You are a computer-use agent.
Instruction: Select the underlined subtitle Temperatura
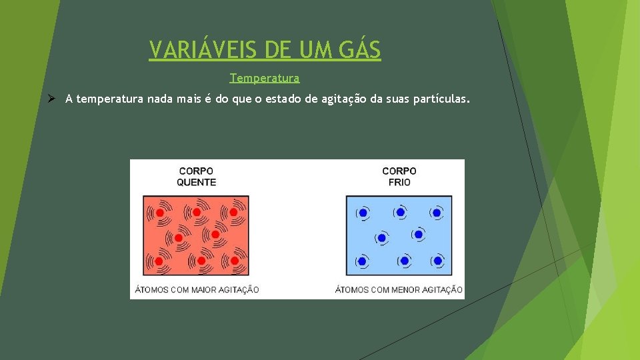tap(265, 78)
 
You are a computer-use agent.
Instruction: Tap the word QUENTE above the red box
tap(196, 182)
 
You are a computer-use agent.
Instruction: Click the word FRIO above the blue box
tap(399, 182)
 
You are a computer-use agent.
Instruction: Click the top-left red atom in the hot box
tap(160, 212)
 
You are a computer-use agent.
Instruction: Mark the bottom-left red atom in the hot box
tap(160, 261)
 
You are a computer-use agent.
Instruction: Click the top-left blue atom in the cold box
tap(363, 213)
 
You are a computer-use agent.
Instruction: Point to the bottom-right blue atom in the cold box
tap(437, 261)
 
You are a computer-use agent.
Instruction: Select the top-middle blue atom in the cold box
tap(400, 213)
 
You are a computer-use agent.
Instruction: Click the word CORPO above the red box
tap(196, 171)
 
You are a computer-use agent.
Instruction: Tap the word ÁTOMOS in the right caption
tap(351, 289)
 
